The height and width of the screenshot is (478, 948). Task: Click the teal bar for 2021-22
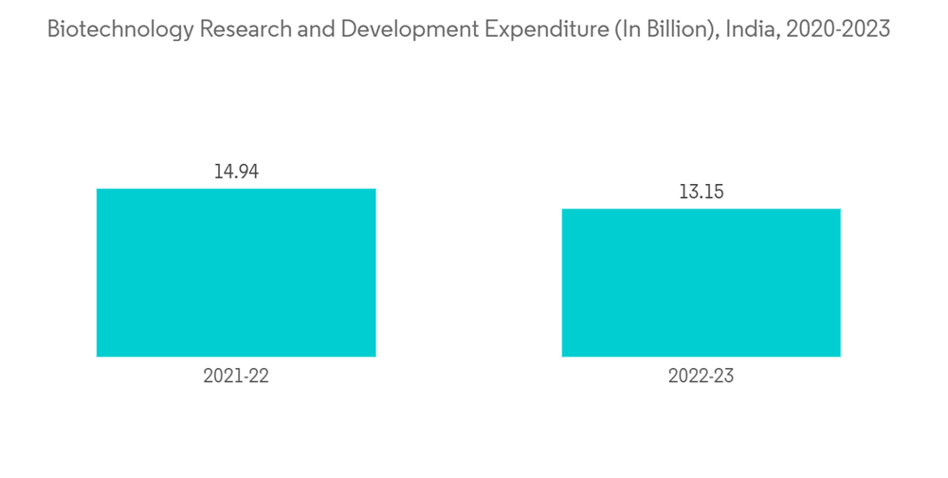pos(236,272)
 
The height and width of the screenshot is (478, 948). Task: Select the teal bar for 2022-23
pos(701,283)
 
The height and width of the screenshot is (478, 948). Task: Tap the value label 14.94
pos(236,172)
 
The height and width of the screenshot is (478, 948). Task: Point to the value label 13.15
pos(701,192)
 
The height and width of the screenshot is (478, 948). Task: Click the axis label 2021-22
pos(236,377)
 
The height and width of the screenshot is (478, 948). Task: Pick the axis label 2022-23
pos(701,377)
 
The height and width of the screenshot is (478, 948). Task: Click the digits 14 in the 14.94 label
pos(223,172)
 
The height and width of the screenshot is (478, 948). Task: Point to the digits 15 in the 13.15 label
pos(714,192)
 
